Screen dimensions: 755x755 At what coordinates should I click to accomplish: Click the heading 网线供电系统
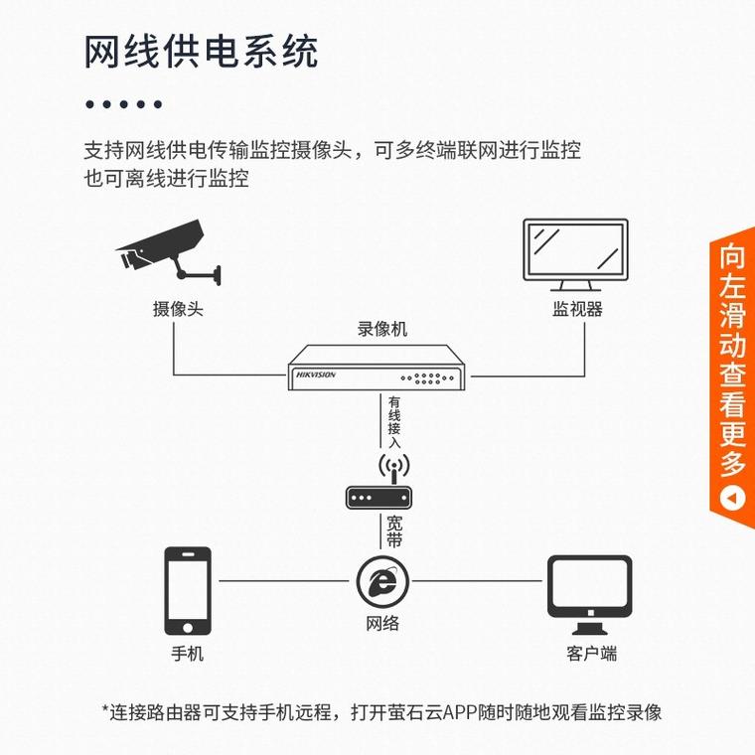pos(201,51)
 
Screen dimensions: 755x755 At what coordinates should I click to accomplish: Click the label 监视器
pos(577,309)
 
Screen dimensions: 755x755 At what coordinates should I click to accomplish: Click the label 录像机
pos(381,329)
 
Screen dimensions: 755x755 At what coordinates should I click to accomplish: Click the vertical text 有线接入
pos(394,422)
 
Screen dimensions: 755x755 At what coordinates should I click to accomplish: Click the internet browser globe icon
pos(381,581)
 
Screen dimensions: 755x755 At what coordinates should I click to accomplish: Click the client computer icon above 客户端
pos(589,594)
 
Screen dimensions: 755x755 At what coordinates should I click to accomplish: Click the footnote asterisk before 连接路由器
pos(105,711)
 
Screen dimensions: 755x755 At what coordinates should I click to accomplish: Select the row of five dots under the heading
pos(123,104)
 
